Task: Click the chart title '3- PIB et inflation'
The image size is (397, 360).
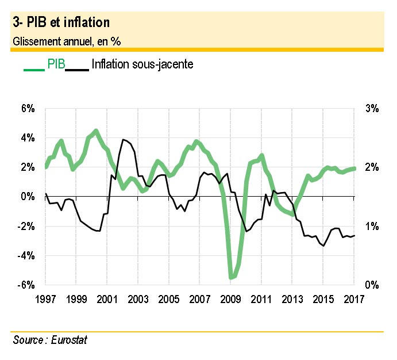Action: [60, 22]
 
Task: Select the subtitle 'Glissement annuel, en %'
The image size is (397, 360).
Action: [67, 41]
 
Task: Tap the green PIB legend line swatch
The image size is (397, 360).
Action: [34, 70]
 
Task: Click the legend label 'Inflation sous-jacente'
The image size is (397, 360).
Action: [142, 64]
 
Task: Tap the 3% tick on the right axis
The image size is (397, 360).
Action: [371, 109]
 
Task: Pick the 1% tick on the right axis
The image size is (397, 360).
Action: [371, 226]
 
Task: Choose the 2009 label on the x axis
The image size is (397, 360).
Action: [230, 299]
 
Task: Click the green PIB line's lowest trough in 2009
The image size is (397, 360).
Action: [232, 278]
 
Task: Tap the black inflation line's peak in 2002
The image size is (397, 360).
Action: [122, 140]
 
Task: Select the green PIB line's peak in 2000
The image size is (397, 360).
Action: [96, 131]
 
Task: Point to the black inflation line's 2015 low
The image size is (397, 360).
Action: [324, 246]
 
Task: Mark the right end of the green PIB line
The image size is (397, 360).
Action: [354, 168]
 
